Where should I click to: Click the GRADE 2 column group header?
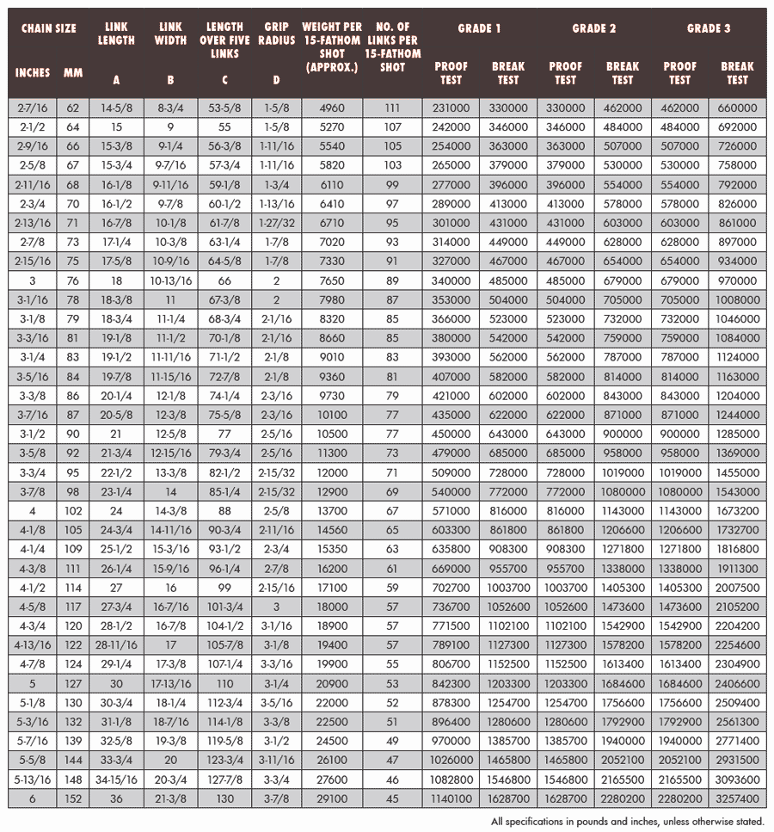pos(594,28)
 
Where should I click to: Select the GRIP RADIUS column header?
pos(276,33)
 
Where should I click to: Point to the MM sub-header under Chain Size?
pos(72,73)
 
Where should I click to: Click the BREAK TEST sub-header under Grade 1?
pos(508,72)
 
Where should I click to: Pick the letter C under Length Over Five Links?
pos(225,80)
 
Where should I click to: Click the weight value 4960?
pos(331,108)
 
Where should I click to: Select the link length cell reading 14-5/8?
pos(116,108)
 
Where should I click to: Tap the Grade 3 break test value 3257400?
pos(737,798)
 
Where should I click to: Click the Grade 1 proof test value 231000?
pos(451,108)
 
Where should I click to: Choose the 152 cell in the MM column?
pos(72,798)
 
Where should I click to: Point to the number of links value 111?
pos(392,108)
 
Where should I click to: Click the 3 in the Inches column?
pos(33,281)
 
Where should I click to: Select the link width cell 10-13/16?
pos(170,281)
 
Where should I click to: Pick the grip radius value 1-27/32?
pos(276,224)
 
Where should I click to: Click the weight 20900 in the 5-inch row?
pos(331,683)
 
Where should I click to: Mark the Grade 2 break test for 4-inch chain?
pos(623,510)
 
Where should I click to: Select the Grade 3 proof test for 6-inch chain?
pos(679,798)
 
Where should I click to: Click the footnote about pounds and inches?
pos(627,822)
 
